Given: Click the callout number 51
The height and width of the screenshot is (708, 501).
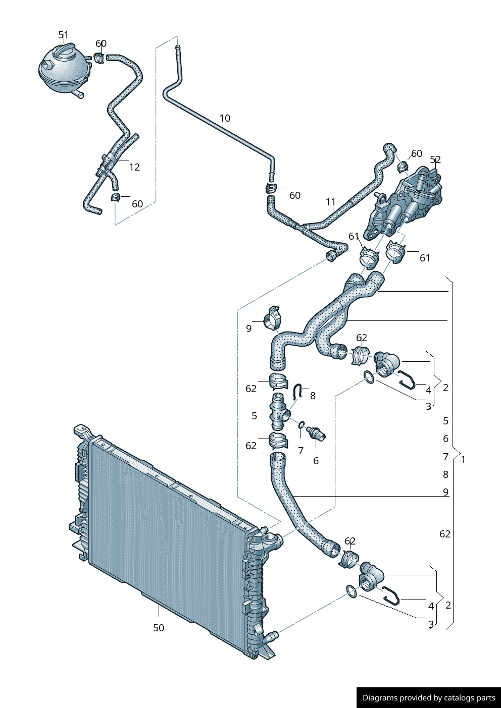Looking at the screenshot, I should point(63,35).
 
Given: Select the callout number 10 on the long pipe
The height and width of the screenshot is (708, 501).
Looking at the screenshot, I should point(225,118).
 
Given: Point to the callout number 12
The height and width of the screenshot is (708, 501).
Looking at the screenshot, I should point(134,167).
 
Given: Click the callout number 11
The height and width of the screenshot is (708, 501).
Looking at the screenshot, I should point(330,202).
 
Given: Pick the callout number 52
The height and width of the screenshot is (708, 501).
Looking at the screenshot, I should point(435,159).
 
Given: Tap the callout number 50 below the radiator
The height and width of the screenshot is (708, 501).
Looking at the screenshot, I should point(159,628).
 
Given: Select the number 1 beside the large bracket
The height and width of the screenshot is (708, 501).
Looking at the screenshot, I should point(463,459).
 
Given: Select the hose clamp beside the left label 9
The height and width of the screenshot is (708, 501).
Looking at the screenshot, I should point(273,317).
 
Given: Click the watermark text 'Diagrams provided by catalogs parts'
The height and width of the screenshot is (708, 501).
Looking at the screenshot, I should point(428,698).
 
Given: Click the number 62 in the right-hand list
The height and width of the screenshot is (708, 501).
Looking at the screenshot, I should point(445,534).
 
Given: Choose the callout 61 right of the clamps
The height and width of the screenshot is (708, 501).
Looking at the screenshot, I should point(425,258).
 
